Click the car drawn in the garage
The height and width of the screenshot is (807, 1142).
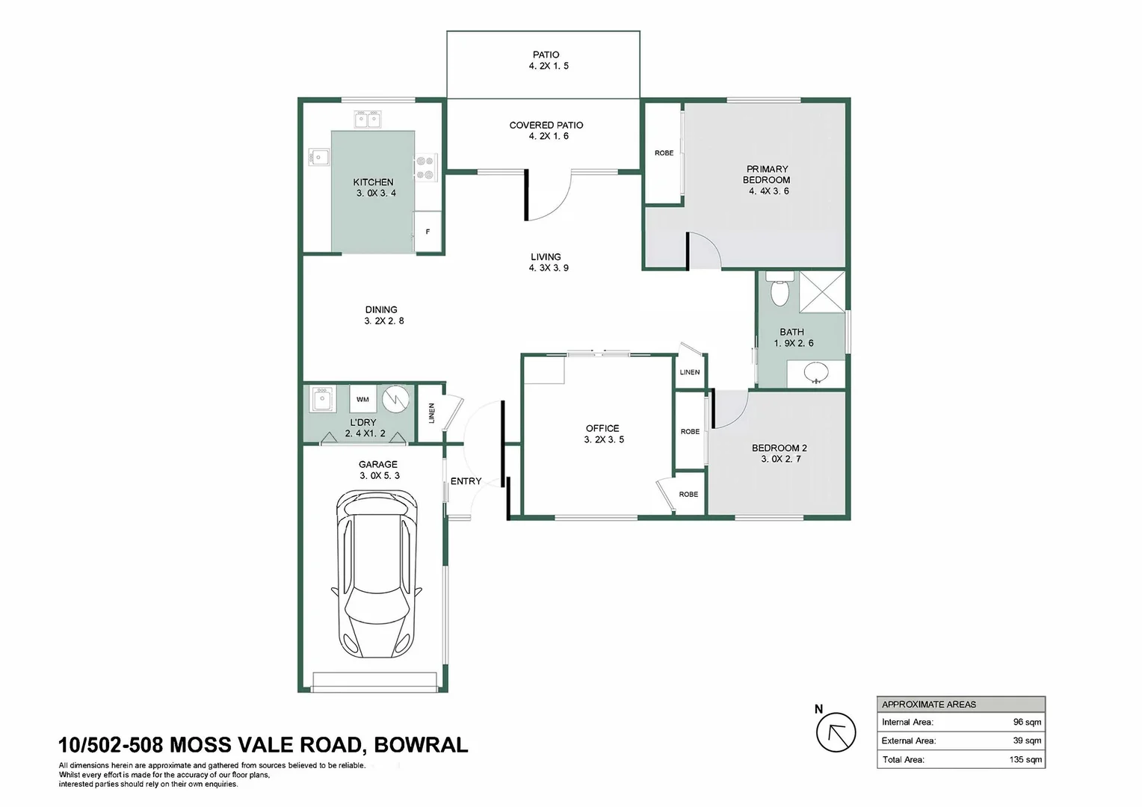377,574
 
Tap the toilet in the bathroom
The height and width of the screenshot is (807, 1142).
780,289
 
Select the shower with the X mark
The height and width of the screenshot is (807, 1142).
822,291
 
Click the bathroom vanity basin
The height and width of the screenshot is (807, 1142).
815,373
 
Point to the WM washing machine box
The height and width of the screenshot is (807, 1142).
362,399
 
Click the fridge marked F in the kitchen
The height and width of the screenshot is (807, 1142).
428,232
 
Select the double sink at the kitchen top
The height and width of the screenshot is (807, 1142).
368,120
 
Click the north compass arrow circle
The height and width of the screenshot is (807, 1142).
836,732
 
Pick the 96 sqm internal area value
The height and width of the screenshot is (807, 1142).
1027,722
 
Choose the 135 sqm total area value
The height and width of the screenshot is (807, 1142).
1025,760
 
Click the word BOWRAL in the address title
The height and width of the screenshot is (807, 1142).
421,745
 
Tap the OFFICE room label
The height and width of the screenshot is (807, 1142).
602,428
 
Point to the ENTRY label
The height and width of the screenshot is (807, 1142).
466,480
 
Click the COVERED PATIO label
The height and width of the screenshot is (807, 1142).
546,125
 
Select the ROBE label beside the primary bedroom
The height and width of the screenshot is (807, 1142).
664,153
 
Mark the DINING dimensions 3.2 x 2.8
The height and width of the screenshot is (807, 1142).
384,321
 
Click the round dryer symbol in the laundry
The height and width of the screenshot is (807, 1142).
395,399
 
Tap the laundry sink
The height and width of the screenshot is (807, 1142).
321,399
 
